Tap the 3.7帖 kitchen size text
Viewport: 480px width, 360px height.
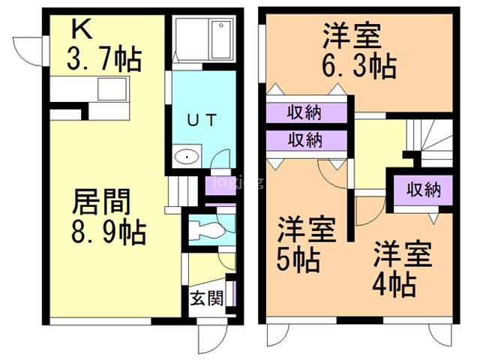tap(105, 58)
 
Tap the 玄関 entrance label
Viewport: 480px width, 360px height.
tap(205, 298)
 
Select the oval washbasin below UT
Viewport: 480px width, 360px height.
tap(185, 157)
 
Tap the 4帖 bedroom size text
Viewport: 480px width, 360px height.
tap(394, 284)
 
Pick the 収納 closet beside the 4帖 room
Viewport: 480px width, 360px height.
tap(423, 189)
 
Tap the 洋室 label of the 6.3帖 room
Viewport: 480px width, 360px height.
tap(351, 35)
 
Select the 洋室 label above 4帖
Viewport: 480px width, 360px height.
tap(403, 254)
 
